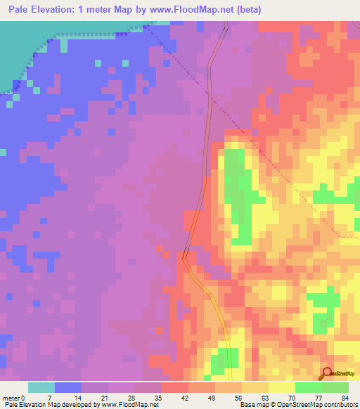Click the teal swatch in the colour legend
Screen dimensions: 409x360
[x=41, y=387]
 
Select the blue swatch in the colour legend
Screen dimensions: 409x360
[x=68, y=387]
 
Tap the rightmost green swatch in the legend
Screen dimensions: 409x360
[x=335, y=387]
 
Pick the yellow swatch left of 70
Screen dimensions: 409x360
[x=282, y=387]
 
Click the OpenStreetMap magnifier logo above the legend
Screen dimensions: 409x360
[x=326, y=373]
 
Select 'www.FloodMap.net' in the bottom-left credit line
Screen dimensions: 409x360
[x=125, y=405]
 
